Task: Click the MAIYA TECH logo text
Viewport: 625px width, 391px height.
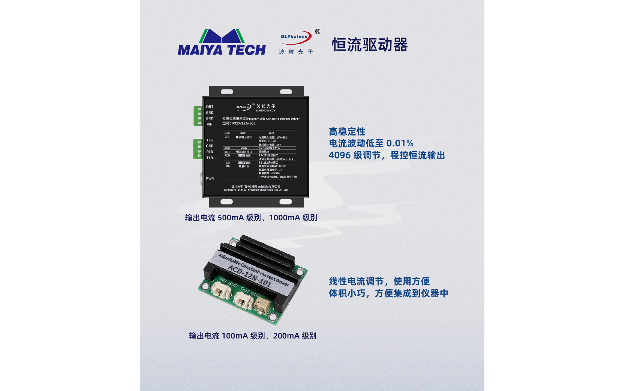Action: coord(222,50)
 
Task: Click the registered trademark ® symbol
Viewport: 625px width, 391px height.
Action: coord(318,32)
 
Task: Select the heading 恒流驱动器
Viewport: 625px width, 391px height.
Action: coord(370,45)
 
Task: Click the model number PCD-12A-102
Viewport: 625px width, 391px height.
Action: coord(244,123)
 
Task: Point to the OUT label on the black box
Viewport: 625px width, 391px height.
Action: coord(210,107)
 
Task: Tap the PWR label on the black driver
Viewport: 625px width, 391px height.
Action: coord(210,179)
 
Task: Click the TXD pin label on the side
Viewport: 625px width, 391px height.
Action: coord(210,158)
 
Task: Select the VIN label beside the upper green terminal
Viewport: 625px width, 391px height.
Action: coord(210,125)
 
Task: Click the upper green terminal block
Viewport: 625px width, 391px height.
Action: coord(198,116)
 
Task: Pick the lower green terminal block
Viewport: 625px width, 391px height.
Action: coord(198,149)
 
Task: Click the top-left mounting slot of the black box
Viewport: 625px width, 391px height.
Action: coord(227,92)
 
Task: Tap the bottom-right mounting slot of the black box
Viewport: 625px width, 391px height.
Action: coord(286,202)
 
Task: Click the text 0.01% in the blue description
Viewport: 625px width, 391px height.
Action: coord(400,143)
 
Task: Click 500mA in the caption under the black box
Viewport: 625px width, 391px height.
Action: coord(231,218)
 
